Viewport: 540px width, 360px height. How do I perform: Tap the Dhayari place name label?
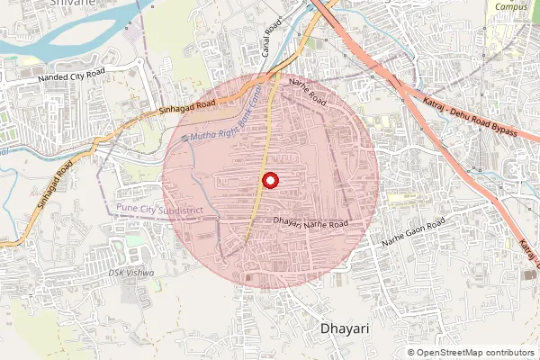(x=346, y=329)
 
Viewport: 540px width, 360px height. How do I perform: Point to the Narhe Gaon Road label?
(x=414, y=232)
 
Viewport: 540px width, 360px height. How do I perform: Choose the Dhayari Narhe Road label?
(x=310, y=221)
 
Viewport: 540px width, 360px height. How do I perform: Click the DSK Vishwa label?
(x=130, y=273)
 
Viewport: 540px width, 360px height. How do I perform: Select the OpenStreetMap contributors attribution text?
(x=477, y=353)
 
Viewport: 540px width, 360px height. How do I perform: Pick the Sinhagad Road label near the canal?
(x=187, y=105)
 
